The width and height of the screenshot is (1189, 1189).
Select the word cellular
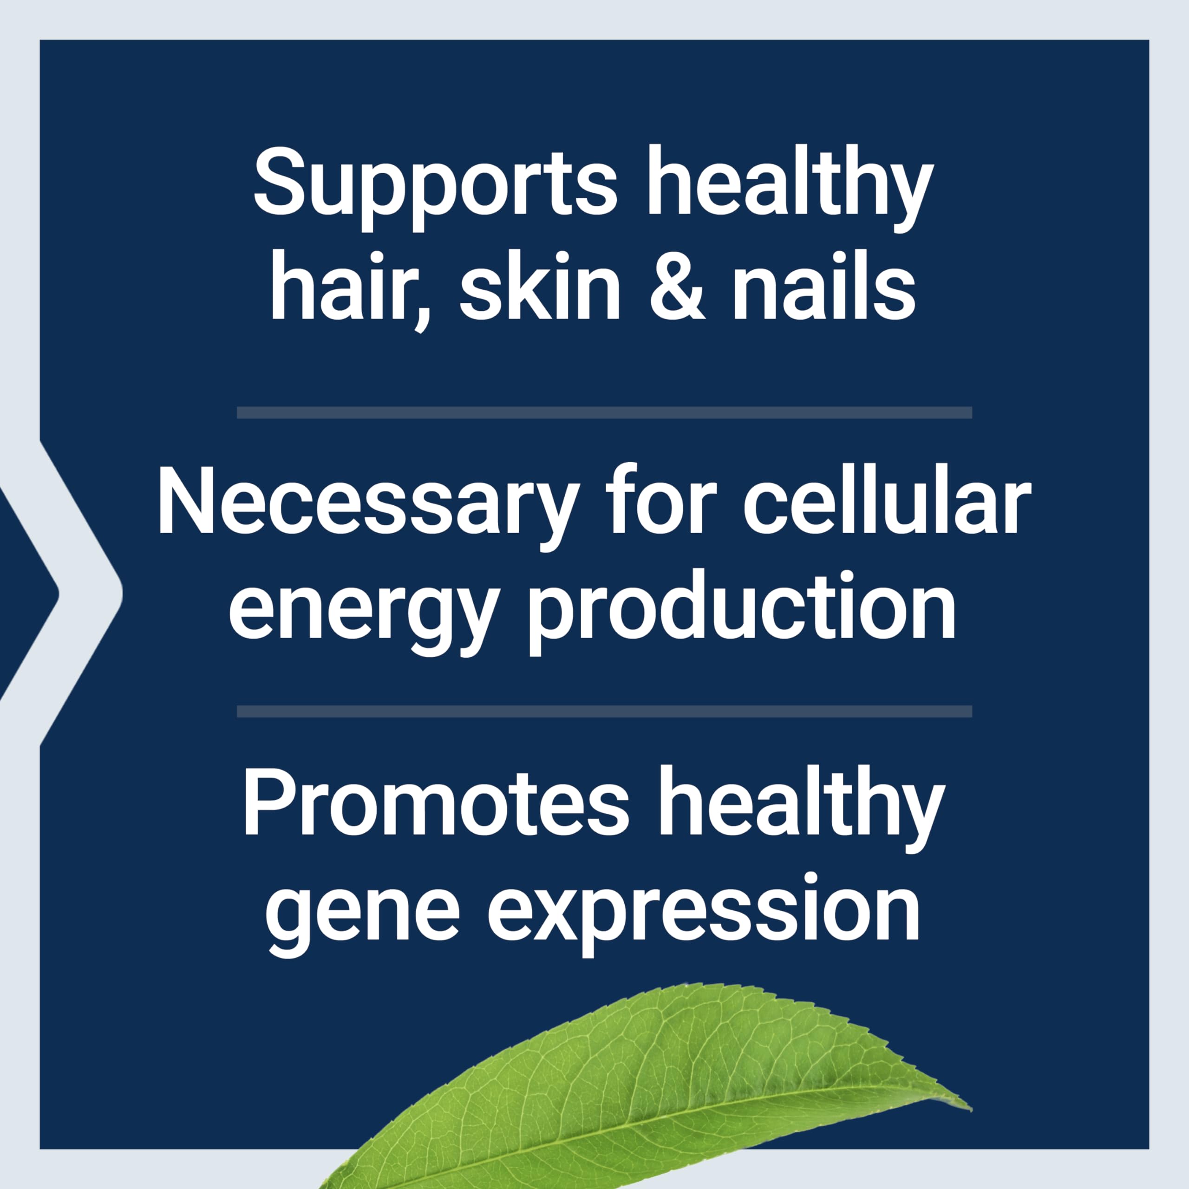click(887, 502)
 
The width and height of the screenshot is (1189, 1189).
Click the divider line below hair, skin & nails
click(604, 412)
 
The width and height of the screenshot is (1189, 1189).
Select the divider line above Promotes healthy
click(604, 712)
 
